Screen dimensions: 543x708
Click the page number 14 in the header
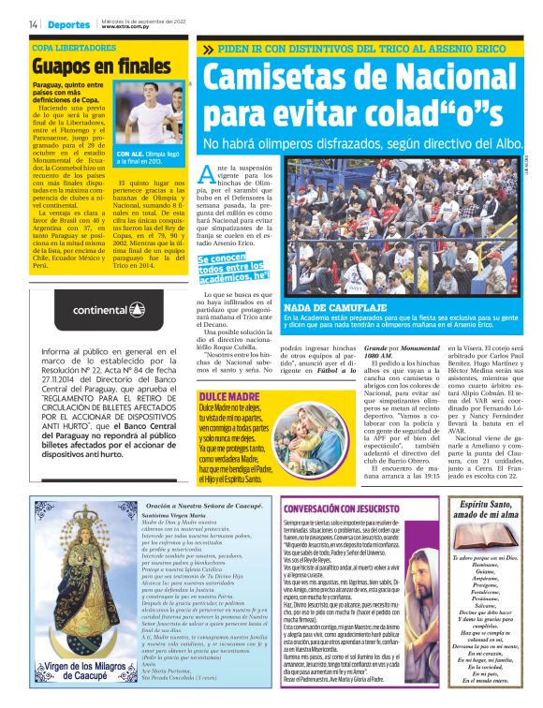coord(33,23)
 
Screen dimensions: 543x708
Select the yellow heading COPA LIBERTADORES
coord(74,46)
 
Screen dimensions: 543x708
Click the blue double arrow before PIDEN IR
coord(207,49)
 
